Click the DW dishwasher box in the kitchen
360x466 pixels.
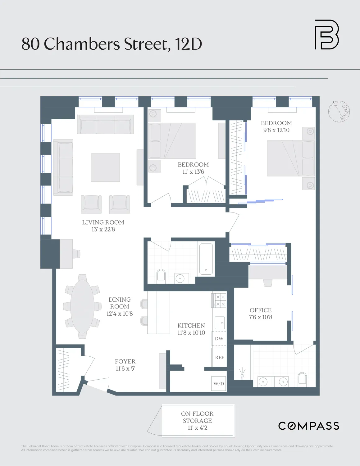[219, 339]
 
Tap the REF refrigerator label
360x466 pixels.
[219, 358]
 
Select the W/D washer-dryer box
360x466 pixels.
[219, 384]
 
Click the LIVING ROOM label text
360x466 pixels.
[103, 222]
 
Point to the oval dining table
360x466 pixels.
[82, 306]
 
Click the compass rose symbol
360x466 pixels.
[339, 111]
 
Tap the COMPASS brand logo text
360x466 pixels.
[308, 426]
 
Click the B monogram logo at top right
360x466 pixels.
[326, 34]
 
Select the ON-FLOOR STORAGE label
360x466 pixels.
[197, 417]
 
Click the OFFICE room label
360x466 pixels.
[260, 310]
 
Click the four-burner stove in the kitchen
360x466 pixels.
[219, 300]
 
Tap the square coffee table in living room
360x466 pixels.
[105, 167]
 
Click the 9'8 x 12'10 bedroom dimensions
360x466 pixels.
[276, 130]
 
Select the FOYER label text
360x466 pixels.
[125, 361]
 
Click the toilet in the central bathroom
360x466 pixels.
[161, 275]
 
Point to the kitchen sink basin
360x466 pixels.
[220, 323]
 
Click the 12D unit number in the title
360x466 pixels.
[189, 44]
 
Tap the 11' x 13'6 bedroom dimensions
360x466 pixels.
[193, 172]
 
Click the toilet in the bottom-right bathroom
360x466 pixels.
[302, 379]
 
